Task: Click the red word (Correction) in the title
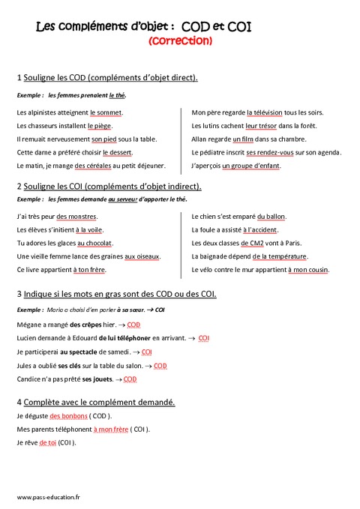[x=181, y=42]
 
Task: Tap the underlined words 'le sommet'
[x=106, y=112]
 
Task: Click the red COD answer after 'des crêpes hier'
[x=133, y=325]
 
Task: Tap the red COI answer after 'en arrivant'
[x=204, y=338]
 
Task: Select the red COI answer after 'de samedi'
[x=147, y=352]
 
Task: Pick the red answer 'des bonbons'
[x=68, y=415]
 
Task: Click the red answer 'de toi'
[x=47, y=442]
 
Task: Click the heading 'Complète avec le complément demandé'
[x=100, y=402]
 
